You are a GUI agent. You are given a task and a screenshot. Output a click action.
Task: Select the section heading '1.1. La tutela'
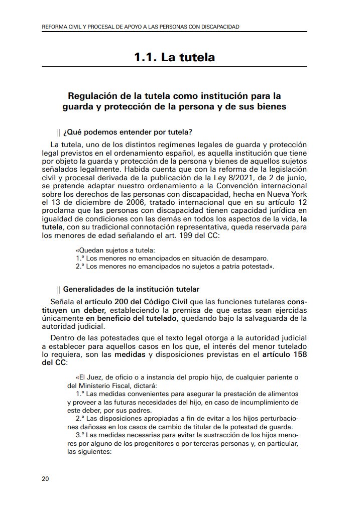point(174,57)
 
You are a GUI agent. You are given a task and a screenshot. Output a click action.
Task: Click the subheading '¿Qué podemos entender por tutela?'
point(128,133)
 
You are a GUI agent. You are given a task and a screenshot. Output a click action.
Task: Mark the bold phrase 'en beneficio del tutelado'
point(132,319)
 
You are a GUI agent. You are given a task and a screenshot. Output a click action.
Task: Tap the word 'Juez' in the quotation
point(95,377)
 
